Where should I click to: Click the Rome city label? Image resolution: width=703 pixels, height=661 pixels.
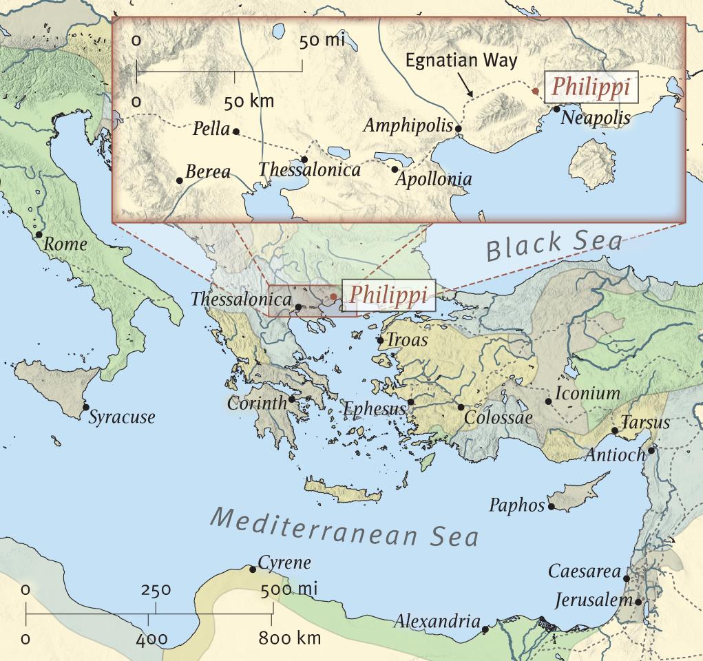pyautogui.click(x=66, y=244)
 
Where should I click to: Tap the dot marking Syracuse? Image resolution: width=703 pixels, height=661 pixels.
pyautogui.click(x=85, y=408)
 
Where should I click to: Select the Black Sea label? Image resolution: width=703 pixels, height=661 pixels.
pyautogui.click(x=554, y=244)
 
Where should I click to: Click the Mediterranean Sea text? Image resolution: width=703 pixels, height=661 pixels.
pyautogui.click(x=344, y=527)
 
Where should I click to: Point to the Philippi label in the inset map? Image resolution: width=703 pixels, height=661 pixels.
pyautogui.click(x=592, y=87)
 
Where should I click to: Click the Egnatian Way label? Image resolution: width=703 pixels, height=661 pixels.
pyautogui.click(x=461, y=60)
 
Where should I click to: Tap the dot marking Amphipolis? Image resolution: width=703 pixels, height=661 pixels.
pyautogui.click(x=459, y=128)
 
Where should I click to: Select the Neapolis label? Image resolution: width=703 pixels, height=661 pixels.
pyautogui.click(x=596, y=118)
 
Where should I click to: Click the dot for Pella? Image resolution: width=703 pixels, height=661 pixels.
pyautogui.click(x=235, y=131)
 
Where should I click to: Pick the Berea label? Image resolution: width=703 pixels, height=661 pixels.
pyautogui.click(x=207, y=172)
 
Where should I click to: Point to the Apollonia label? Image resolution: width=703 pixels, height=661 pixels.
pyautogui.click(x=433, y=180)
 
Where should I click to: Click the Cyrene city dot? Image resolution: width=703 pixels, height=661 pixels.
pyautogui.click(x=253, y=569)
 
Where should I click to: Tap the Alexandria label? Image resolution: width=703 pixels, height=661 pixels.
pyautogui.click(x=437, y=622)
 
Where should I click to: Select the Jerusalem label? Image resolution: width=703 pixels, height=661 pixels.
pyautogui.click(x=594, y=600)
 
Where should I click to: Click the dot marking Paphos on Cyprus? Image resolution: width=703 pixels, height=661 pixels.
pyautogui.click(x=551, y=507)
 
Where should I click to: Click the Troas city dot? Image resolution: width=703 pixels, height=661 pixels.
pyautogui.click(x=380, y=340)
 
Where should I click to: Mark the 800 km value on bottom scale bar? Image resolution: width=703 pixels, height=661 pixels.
pyautogui.click(x=289, y=638)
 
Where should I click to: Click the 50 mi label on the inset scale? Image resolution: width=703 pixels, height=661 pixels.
pyautogui.click(x=322, y=40)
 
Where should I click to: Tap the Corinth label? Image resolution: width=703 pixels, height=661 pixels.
pyautogui.click(x=256, y=403)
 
